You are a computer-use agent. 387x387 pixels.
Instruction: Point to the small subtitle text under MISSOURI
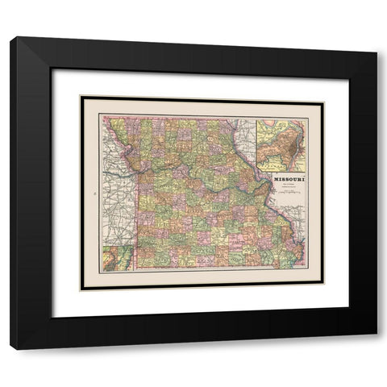coord(286,186)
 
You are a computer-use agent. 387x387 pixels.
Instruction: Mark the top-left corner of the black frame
coord(12,38)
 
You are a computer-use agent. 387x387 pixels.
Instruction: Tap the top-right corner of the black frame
coord(376,38)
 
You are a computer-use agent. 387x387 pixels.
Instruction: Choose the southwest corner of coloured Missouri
coord(136,266)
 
